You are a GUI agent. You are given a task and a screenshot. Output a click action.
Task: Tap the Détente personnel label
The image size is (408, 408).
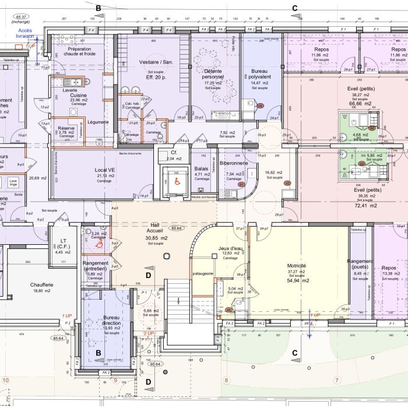coord(213,73)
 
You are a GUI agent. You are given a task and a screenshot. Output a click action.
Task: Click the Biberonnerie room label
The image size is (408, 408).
coord(238,164)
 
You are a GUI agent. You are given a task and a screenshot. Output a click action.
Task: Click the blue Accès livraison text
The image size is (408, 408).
coord(25,33)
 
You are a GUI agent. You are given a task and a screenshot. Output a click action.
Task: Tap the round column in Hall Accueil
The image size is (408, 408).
coord(168,255)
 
